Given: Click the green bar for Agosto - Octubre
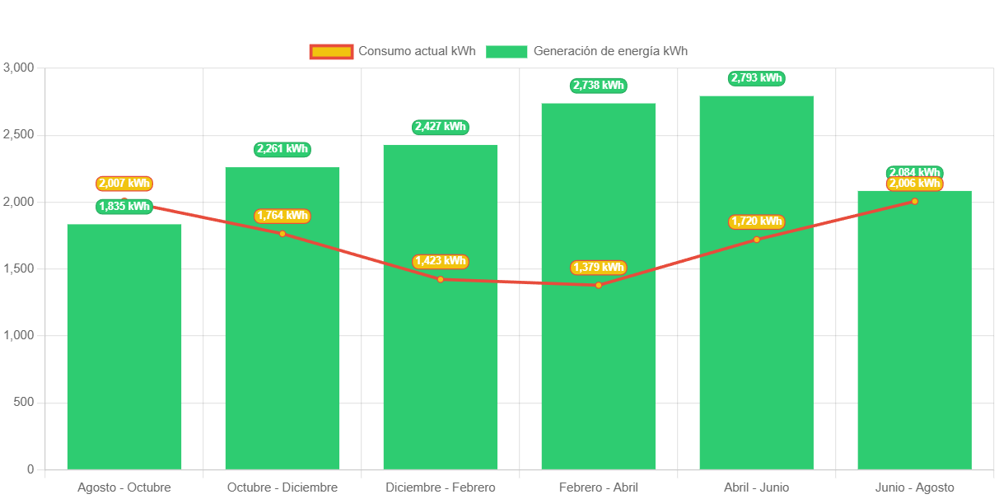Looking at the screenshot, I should pos(124,346).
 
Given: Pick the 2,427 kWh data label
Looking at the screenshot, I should pos(440,127).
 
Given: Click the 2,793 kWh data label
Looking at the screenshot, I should pos(756,78).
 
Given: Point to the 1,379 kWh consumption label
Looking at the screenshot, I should pos(599,268).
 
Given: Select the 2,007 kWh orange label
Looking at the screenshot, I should pos(124,184).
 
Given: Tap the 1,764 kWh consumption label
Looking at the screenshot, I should pos(282,216).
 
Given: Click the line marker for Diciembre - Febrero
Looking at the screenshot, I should pos(441,279).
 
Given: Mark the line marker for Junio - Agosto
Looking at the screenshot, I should pos(915,201).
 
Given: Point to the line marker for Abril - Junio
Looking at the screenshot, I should pos(757,240).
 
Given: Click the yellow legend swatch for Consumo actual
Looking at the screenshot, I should pos(331,52).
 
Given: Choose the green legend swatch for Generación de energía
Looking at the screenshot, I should pos(507,52).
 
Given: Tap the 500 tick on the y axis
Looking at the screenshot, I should pos(24,402).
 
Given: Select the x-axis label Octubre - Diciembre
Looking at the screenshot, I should pos(282,487).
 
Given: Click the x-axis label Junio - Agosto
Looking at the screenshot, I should pos(915,487).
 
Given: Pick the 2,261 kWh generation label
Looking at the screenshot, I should pos(282,149).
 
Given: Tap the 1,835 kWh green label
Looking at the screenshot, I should pos(124,207).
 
